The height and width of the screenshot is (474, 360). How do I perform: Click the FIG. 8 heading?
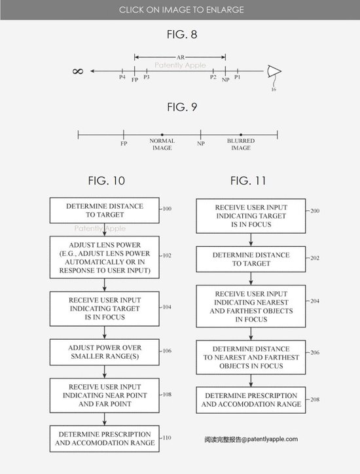pos(182,34)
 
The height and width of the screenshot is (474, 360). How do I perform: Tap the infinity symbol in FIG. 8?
pos(78,71)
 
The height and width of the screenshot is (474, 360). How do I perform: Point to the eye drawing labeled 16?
pos(274,71)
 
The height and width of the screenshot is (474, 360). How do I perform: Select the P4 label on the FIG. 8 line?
pos(122,77)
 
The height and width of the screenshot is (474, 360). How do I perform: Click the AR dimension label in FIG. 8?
pos(181,57)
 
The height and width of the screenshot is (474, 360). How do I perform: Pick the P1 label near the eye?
pos(238,77)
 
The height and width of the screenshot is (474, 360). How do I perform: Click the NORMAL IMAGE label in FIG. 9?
pos(162,144)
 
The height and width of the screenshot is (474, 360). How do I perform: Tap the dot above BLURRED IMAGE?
pos(241,134)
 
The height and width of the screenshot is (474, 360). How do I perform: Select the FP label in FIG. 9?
pos(124,143)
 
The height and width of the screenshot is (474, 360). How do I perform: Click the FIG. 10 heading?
pos(107,181)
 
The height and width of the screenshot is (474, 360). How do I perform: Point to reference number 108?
pos(167,395)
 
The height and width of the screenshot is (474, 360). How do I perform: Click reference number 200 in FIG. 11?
pos(315,211)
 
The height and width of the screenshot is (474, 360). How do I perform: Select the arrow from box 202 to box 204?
pos(251,278)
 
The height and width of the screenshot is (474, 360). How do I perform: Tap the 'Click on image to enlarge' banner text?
pos(181,10)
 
